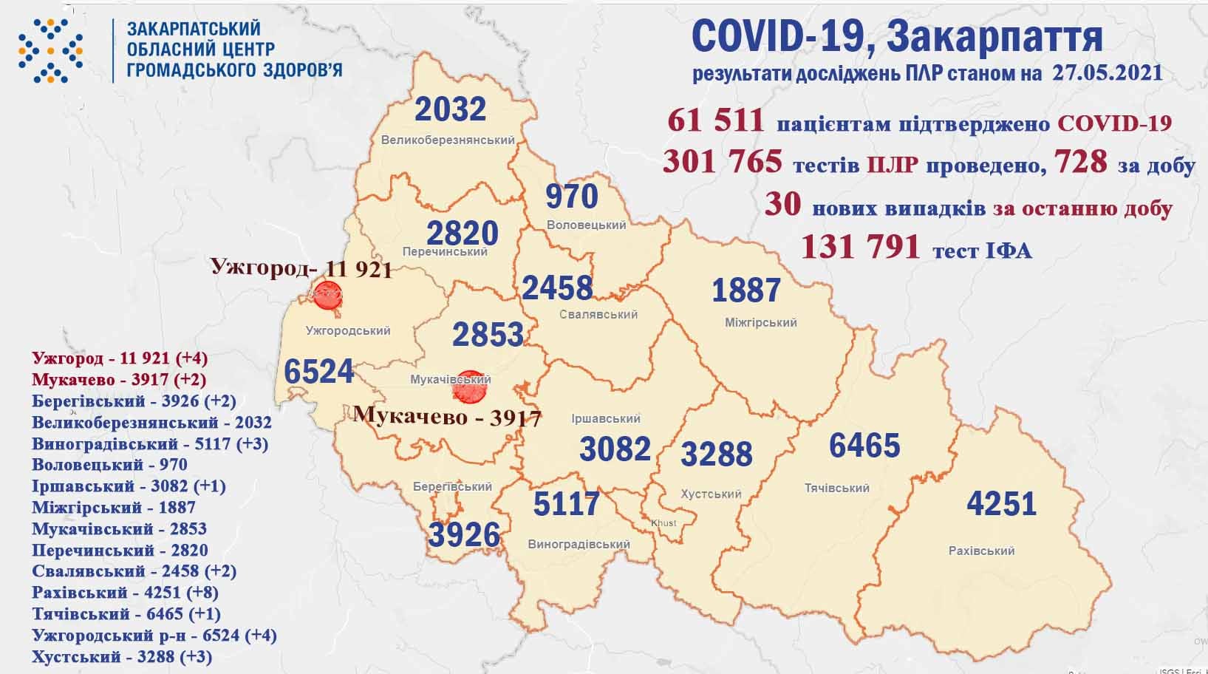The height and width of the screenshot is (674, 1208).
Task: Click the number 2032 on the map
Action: [450, 109]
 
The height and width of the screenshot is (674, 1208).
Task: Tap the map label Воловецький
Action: [586, 225]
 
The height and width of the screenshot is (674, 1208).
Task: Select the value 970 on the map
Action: [571, 197]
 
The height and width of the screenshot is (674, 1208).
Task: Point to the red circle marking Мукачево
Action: [468, 387]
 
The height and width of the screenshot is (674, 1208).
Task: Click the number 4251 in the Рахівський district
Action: [1001, 503]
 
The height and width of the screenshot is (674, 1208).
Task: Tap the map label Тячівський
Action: [836, 488]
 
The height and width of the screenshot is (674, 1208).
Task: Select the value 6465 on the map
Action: [864, 446]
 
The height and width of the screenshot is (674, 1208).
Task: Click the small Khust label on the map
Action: [663, 523]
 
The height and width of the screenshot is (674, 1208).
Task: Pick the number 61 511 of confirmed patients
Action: [714, 120]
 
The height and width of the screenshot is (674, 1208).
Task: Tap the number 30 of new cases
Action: [782, 205]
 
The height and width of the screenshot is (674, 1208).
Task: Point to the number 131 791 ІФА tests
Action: [860, 247]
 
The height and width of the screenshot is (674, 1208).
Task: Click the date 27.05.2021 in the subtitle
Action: [1104, 73]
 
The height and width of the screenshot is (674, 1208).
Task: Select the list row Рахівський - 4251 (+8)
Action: [125, 592]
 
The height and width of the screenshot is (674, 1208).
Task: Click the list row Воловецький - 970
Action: [109, 465]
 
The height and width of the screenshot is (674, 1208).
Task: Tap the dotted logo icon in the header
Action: [50, 50]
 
